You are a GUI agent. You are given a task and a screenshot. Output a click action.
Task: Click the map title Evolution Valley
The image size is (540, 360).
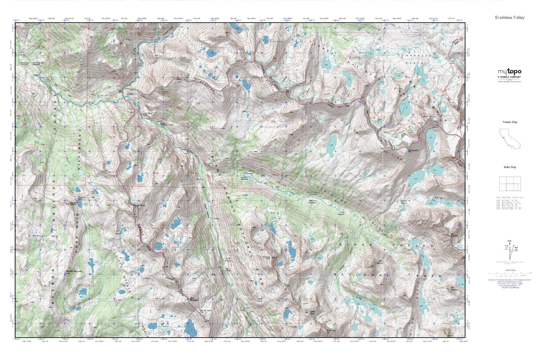509,18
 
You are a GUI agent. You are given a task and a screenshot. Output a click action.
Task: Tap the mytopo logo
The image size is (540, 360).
509,72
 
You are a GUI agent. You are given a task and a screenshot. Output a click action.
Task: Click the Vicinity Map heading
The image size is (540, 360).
509,122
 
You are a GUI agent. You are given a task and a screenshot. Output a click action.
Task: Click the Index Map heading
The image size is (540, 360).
509,167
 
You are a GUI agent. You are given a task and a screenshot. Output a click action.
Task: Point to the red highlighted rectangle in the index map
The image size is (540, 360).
512,187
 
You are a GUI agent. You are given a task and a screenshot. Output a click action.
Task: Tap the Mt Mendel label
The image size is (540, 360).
454,235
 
